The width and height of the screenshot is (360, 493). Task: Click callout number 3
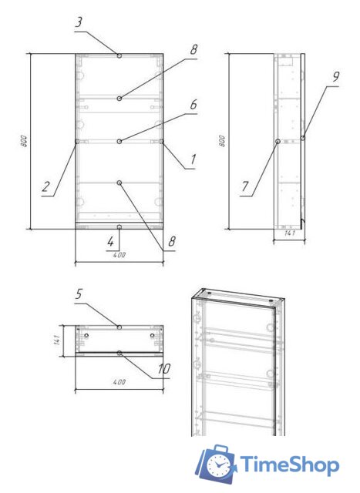pos(79,23)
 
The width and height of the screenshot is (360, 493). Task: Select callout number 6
pos(193,103)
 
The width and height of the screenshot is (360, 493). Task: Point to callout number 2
pos(46,186)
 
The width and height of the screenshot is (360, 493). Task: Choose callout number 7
pos(245,186)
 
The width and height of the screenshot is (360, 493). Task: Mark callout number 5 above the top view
pos(79,293)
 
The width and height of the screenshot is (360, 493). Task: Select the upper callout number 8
pos(193,49)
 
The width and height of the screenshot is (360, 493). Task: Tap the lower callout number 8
pos(172,240)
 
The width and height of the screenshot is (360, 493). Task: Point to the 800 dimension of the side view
pos(222,142)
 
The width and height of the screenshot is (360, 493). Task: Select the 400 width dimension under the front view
pos(119,254)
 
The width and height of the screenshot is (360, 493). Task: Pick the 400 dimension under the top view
pos(119,381)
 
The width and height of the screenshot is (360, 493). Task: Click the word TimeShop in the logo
pos(290,464)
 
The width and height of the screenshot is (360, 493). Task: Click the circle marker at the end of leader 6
pos(119,141)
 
